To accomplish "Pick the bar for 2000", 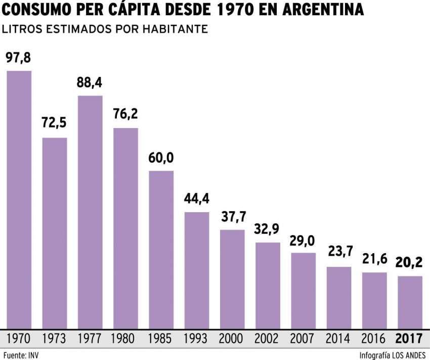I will tap(232, 278).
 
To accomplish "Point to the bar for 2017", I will tap(410, 302).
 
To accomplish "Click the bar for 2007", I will tap(303, 290).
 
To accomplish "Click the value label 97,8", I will tap(19, 58).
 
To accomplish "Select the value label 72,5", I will tap(54, 123).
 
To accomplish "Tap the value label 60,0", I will tap(161, 158).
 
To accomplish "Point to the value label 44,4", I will tap(197, 198).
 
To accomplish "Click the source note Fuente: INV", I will tap(21, 354).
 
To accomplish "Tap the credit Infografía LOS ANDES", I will tap(393, 354).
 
